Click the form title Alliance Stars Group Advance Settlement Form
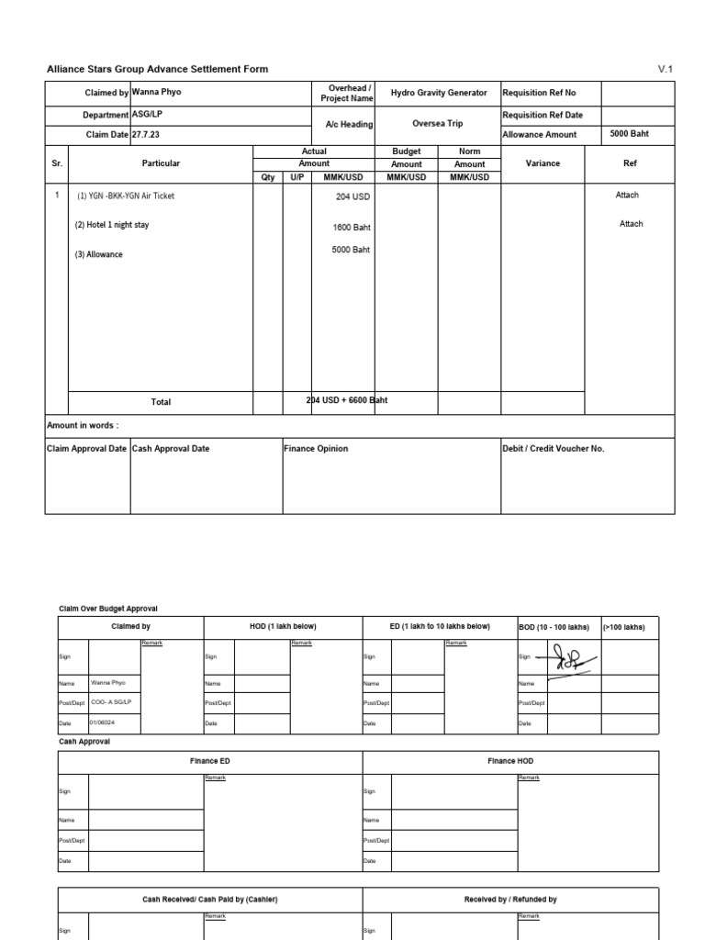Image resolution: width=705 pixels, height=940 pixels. pyautogui.click(x=157, y=70)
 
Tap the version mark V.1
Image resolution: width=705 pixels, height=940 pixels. pyautogui.click(x=666, y=70)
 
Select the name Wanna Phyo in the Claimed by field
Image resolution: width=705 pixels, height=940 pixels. pyautogui.click(x=157, y=93)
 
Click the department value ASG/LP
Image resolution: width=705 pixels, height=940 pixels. pyautogui.click(x=147, y=115)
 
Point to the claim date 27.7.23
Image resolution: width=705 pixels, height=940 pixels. pyautogui.click(x=147, y=134)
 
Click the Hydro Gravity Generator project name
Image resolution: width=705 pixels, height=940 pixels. pyautogui.click(x=439, y=94)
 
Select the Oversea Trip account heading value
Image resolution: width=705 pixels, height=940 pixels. pyautogui.click(x=438, y=123)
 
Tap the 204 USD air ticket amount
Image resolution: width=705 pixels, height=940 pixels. pyautogui.click(x=353, y=196)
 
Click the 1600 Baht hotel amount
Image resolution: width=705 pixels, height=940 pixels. pyautogui.click(x=352, y=227)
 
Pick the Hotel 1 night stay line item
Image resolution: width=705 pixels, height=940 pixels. pyautogui.click(x=112, y=225)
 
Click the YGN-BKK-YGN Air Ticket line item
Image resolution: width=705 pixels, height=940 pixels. pyautogui.click(x=125, y=196)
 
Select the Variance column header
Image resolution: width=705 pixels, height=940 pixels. pyautogui.click(x=542, y=163)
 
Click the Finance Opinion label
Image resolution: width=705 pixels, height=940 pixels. pyautogui.click(x=317, y=449)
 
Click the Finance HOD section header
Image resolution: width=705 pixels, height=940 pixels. pyautogui.click(x=510, y=761)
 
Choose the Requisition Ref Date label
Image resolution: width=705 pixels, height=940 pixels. pyautogui.click(x=543, y=116)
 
